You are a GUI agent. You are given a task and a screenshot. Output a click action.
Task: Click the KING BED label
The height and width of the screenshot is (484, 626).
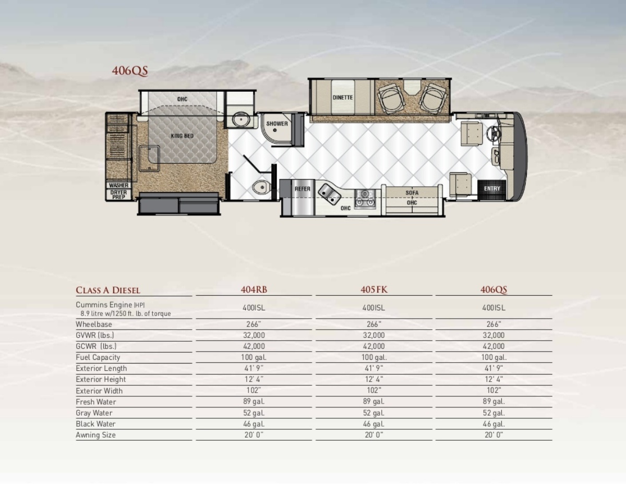click(182, 136)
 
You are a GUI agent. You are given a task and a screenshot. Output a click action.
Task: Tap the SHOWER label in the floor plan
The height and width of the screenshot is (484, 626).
click(277, 124)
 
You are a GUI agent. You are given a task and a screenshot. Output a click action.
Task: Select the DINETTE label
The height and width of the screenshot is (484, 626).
click(343, 98)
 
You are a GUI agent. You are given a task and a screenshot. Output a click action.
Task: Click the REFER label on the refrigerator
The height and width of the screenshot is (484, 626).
click(302, 189)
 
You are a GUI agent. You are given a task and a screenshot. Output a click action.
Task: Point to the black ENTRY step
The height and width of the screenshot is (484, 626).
click(491, 190)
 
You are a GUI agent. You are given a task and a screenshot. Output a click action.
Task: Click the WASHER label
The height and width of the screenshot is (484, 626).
click(118, 185)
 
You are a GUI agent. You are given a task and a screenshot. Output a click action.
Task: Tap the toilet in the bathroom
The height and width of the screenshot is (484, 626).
click(261, 188)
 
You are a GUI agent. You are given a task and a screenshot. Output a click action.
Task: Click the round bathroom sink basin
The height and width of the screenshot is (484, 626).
click(241, 119)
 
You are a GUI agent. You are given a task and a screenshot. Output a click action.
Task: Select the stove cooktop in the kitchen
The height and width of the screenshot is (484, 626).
click(365, 198)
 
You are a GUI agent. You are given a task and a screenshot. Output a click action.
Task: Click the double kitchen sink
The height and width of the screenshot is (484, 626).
click(329, 195)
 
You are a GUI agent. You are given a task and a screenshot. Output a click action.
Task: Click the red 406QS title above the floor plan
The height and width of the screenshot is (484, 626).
click(130, 71)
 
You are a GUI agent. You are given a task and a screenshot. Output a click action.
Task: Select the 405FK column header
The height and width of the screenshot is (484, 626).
click(374, 289)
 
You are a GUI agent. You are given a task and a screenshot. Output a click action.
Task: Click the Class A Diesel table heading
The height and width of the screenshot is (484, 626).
click(108, 290)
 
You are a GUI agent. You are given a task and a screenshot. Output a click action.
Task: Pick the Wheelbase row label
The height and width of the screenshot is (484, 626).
click(94, 324)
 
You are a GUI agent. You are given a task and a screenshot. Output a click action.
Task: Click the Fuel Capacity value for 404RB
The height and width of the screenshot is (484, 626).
click(254, 357)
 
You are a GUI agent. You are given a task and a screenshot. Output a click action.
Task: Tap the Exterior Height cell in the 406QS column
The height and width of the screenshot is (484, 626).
click(494, 379)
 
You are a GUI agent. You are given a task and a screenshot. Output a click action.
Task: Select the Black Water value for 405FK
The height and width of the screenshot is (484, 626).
click(374, 424)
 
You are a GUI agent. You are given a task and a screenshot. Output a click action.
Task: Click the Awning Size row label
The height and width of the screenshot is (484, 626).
click(95, 435)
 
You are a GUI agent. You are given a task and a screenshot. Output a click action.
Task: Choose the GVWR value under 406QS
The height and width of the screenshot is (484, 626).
click(494, 335)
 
